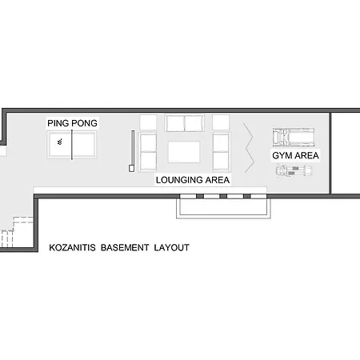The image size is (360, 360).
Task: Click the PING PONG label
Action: point(72,123)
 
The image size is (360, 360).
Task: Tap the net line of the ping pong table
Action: point(72,145)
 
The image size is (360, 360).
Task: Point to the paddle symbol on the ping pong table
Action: point(60,142)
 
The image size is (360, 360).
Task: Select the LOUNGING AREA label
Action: point(193,180)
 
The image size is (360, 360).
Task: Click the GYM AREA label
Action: point(295,155)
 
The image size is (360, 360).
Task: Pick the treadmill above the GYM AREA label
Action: point(294,137)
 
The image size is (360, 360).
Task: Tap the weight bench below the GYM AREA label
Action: point(294,170)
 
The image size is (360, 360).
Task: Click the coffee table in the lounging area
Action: point(184,152)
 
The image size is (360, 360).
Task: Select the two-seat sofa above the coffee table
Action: point(185,123)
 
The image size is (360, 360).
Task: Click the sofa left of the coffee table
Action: point(148,152)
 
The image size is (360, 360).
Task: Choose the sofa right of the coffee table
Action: point(221,152)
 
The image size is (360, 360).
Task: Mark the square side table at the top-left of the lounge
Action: point(148,122)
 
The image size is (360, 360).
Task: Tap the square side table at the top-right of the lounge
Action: point(221,122)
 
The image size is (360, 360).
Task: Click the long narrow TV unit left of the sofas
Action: point(132,151)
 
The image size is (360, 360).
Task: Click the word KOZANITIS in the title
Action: point(72,247)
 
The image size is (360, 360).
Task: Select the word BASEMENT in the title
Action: point(125,247)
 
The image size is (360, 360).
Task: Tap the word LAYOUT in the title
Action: point(172,247)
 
